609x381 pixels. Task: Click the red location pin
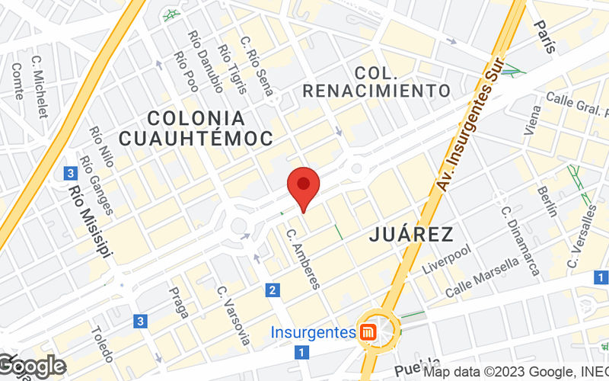click(x=303, y=187)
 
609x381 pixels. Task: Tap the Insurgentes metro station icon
click(x=369, y=333)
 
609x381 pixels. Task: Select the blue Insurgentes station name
click(x=314, y=333)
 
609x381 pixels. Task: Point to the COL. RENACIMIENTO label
click(x=377, y=82)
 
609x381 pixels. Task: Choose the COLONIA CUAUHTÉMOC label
click(x=196, y=128)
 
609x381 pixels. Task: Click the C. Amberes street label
click(x=303, y=257)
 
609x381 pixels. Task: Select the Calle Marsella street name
click(x=482, y=277)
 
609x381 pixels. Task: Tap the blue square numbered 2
click(x=273, y=290)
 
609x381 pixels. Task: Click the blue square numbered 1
click(x=302, y=352)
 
